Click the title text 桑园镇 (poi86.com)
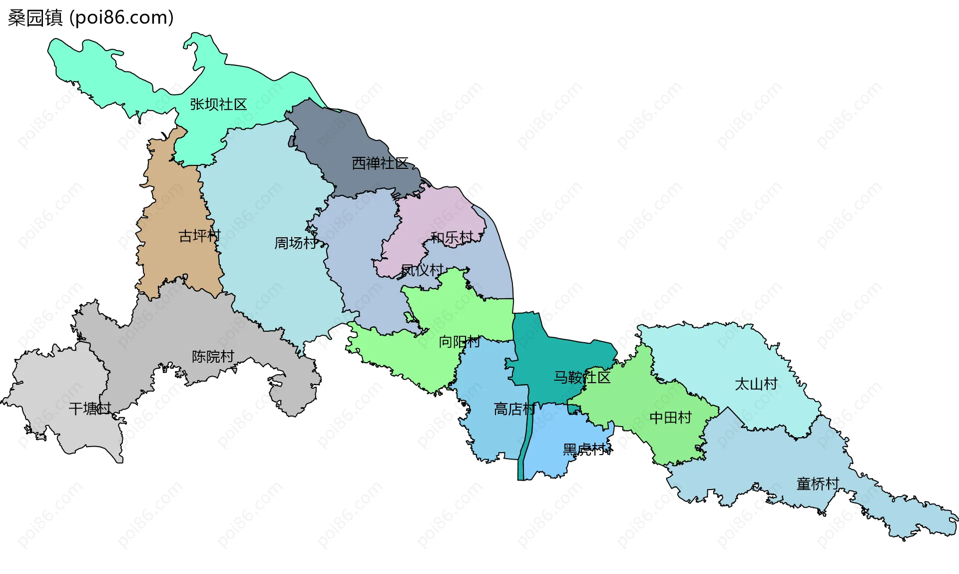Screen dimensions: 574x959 (x=90, y=17)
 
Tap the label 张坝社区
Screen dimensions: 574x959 (x=218, y=104)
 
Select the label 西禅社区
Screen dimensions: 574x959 (x=380, y=163)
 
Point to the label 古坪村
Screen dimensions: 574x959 (x=199, y=236)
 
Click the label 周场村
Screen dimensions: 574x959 (x=295, y=243)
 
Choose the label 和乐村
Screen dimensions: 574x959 (x=452, y=238)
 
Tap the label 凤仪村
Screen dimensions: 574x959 (x=422, y=270)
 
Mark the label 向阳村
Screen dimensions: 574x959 (x=459, y=342)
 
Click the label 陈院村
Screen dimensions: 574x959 (x=213, y=357)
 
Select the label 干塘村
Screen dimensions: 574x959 (x=90, y=409)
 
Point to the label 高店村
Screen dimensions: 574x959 (x=514, y=409)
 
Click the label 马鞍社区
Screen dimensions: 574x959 (x=582, y=377)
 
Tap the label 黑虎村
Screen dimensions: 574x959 (x=584, y=450)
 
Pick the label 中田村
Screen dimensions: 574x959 (x=670, y=417)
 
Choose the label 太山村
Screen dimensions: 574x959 (x=756, y=384)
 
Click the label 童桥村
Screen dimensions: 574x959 (x=818, y=484)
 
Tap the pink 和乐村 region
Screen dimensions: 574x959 (x=440, y=210)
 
